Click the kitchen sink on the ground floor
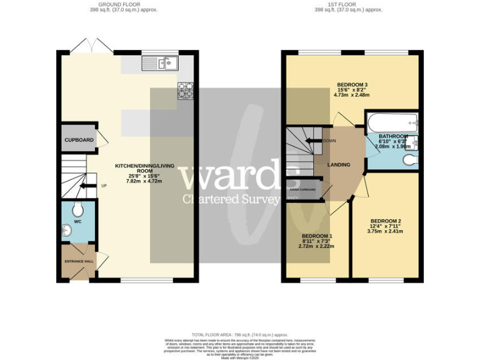click(x=160, y=63)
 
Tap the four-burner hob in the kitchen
click(x=186, y=91)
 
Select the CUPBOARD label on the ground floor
click(x=79, y=140)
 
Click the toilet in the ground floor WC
click(x=78, y=208)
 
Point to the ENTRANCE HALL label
click(x=79, y=261)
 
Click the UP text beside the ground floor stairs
click(x=104, y=186)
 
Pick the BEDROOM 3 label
click(x=352, y=85)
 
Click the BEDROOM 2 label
click(x=386, y=221)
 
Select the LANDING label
click(x=339, y=165)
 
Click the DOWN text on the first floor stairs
click(x=331, y=141)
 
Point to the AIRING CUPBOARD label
click(x=302, y=189)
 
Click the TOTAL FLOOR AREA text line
click(x=239, y=335)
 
